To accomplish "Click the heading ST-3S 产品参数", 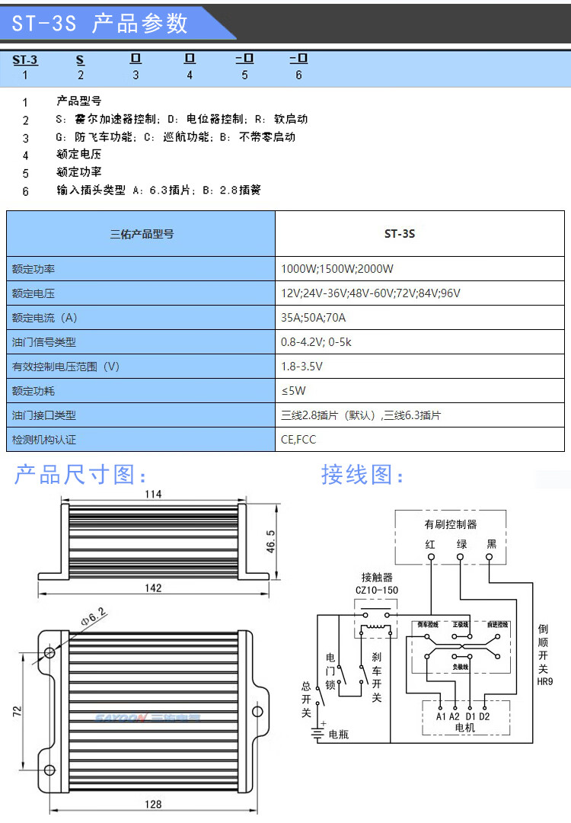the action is click(x=100, y=24).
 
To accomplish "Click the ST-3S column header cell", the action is click(x=399, y=234).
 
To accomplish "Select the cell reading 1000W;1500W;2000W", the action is click(x=337, y=269).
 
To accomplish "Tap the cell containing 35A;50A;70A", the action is click(x=313, y=318).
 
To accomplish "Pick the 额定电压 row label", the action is click(x=33, y=293).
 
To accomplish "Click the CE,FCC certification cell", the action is click(x=298, y=440).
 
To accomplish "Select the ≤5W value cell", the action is click(x=293, y=391).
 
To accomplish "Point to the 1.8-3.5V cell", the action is click(x=301, y=367).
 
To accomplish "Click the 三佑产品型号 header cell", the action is click(x=142, y=234).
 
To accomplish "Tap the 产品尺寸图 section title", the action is click(x=81, y=476).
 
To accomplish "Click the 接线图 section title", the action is click(x=363, y=476).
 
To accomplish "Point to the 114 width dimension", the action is click(x=153, y=495).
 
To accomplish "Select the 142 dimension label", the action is click(x=153, y=588).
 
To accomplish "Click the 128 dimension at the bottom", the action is click(x=153, y=804).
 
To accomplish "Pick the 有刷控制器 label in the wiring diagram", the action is click(x=451, y=524).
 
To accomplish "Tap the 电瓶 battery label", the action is click(x=338, y=735).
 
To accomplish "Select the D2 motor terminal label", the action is click(x=484, y=716).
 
